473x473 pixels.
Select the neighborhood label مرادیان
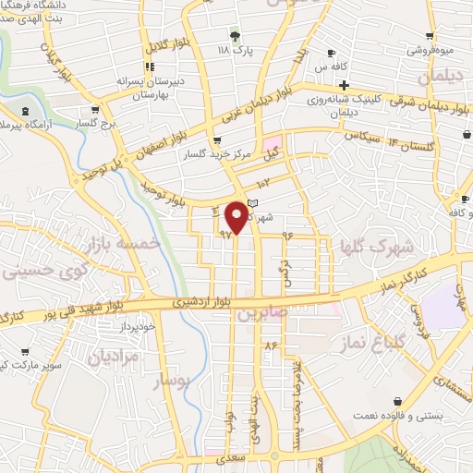point(113,356)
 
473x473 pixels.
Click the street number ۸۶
point(271,345)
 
